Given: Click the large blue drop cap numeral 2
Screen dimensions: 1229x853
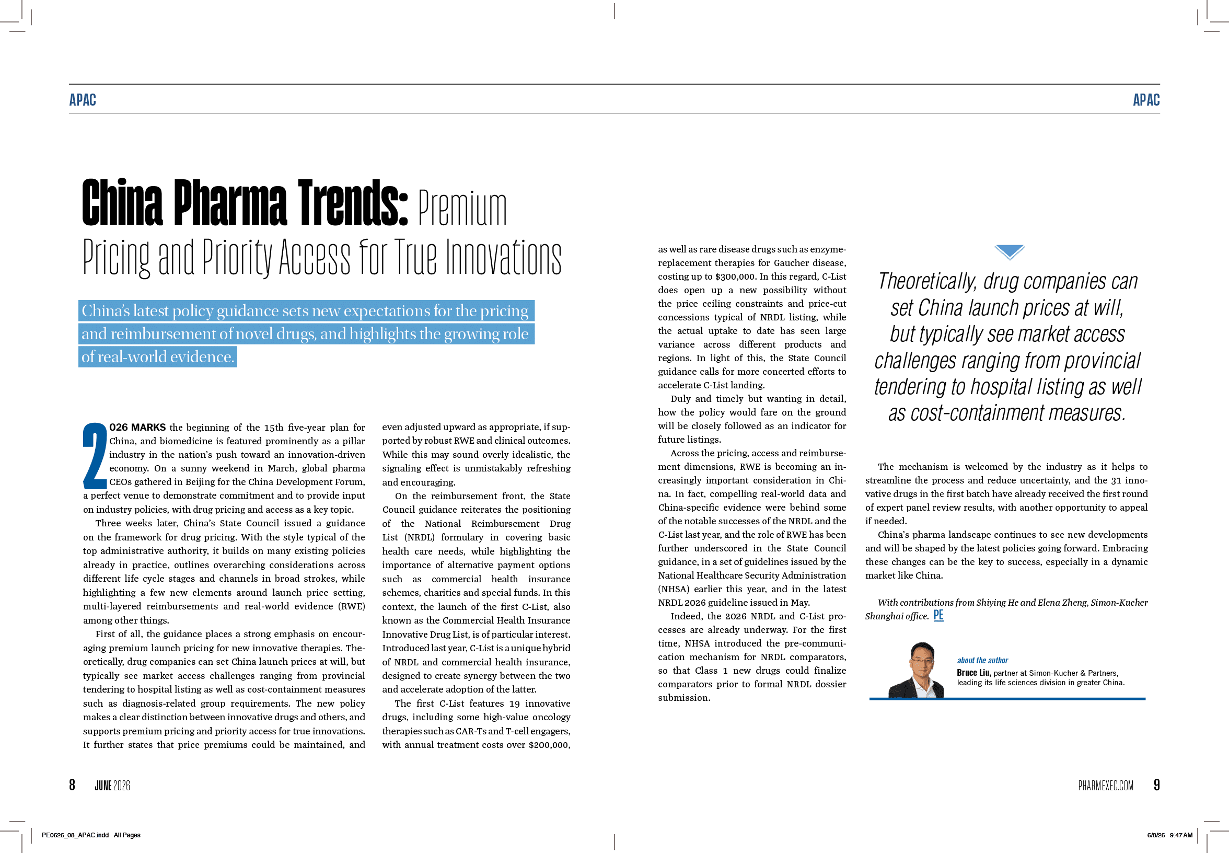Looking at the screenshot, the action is [95, 455].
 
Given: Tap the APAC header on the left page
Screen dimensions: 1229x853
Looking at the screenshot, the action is [83, 100].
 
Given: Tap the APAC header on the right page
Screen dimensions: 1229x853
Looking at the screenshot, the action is [1146, 100].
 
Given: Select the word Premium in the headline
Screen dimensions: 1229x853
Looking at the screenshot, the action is [462, 208].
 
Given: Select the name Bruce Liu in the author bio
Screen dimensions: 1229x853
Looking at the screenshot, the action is [973, 673].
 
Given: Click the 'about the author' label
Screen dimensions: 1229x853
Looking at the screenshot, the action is [982, 661].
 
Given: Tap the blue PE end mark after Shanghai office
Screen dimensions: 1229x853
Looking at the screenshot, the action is [938, 615].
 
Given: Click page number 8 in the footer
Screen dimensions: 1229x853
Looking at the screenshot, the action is [72, 785].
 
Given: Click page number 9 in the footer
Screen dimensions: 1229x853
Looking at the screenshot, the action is [1157, 785].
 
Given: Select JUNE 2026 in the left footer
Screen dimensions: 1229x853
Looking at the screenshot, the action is [112, 785].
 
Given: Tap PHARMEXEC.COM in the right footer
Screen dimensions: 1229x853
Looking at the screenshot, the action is [1106, 785].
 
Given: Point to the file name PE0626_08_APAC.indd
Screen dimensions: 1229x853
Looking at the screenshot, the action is [75, 835].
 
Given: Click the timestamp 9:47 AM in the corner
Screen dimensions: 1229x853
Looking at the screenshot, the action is [1181, 835].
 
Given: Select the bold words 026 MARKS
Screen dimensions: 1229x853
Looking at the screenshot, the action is [137, 428].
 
